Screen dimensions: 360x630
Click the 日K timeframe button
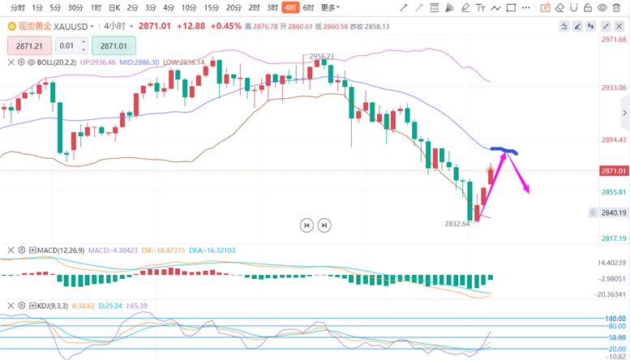tap(114, 7)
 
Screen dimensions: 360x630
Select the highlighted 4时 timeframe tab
tap(291, 7)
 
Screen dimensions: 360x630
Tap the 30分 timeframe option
tap(75, 7)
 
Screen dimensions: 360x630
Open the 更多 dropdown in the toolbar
tap(330, 7)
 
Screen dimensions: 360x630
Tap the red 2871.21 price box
tap(29, 46)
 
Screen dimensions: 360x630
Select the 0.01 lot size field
tap(71, 46)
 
